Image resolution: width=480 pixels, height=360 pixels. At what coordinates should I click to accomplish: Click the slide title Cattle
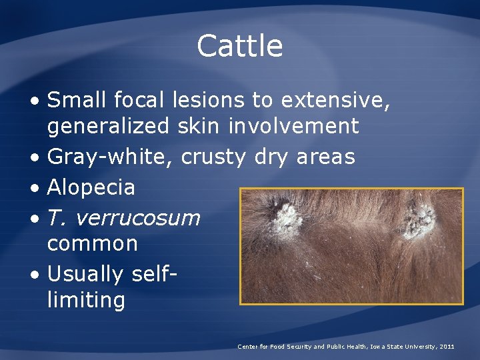[x=240, y=46]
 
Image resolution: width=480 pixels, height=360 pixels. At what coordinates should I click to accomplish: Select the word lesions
[x=209, y=101]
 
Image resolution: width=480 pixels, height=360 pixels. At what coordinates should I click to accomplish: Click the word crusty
[x=214, y=157]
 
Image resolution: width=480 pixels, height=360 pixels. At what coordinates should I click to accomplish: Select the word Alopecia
[x=91, y=187]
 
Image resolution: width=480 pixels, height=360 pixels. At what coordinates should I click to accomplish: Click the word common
[x=93, y=243]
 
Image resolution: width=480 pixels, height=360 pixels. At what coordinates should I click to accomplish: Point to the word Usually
[x=85, y=274]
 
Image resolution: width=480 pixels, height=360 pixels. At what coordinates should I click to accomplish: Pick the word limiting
[x=86, y=299]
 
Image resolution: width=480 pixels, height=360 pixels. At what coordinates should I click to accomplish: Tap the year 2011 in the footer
[x=447, y=347]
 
